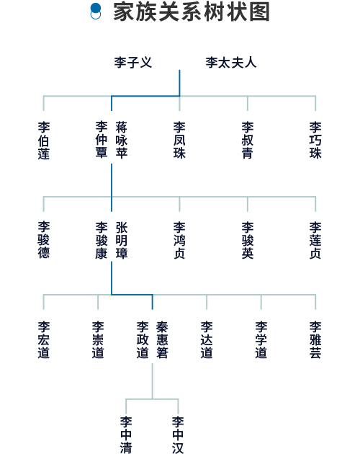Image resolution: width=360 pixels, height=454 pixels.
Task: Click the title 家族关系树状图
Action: [x=192, y=12]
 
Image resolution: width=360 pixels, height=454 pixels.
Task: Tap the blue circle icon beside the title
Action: [x=96, y=12]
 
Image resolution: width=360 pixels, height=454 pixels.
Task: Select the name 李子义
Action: [x=132, y=62]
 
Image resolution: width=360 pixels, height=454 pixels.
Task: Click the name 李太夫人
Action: [x=231, y=62]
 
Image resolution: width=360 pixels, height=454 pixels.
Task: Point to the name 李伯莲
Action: [x=44, y=141]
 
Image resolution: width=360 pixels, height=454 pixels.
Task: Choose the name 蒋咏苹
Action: [x=122, y=141]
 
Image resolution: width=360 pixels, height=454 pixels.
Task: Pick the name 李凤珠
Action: [x=179, y=141]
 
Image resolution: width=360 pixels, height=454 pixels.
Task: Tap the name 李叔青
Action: [x=248, y=141]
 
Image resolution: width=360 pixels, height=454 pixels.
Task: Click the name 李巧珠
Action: [x=315, y=141]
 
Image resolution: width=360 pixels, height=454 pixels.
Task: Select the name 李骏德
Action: [x=44, y=240]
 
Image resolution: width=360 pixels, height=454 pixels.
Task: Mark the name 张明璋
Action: [x=122, y=240]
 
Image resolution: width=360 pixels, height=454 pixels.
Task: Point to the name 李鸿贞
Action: [x=179, y=240]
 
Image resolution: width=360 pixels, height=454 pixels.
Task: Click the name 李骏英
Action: [x=248, y=240]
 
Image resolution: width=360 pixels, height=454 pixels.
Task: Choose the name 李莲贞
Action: [x=315, y=240]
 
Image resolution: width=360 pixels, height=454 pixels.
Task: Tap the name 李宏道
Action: [x=44, y=339]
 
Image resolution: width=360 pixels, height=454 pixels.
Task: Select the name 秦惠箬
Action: [x=162, y=339]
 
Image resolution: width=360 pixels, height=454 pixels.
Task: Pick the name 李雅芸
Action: [x=315, y=339]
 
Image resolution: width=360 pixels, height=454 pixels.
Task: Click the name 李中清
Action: [x=126, y=435]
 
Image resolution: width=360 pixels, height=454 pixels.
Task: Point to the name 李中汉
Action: [x=178, y=435]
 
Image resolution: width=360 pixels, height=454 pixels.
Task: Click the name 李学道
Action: [x=261, y=339]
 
